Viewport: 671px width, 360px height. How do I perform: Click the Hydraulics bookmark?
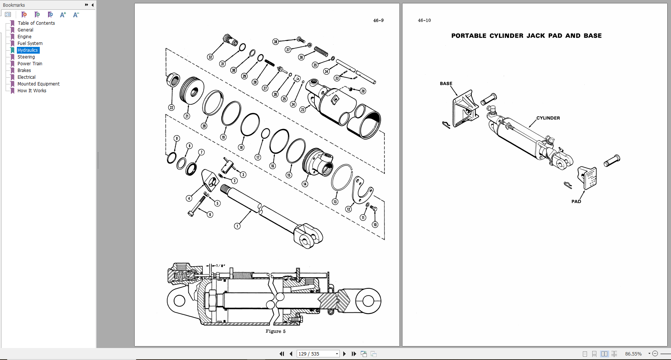[28, 50]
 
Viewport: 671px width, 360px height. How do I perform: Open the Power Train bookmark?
[30, 64]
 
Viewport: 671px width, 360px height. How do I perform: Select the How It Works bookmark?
[32, 91]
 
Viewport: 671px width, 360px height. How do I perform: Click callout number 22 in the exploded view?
[171, 108]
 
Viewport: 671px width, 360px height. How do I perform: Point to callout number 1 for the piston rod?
[237, 226]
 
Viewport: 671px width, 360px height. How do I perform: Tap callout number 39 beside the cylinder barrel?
[363, 91]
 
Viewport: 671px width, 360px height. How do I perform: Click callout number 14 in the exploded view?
[305, 184]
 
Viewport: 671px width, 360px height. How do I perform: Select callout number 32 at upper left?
[210, 57]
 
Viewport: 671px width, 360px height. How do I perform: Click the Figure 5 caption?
[275, 331]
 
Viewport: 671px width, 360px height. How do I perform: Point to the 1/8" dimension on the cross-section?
[221, 265]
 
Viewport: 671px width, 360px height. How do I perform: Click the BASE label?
[446, 84]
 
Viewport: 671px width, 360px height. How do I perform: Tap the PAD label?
[576, 201]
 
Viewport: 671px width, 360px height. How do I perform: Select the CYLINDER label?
[548, 118]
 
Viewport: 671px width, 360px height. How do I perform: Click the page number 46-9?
[378, 21]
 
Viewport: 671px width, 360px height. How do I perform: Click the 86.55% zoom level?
[633, 354]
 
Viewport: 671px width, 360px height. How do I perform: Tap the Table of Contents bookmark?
[36, 23]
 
